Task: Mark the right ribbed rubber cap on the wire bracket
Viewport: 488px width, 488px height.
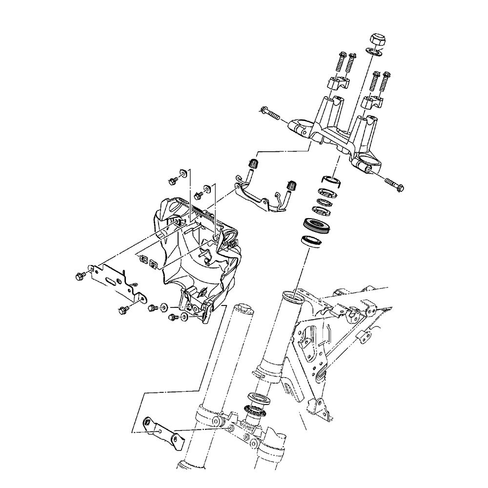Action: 292,185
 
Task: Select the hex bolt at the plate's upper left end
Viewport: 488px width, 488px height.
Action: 80,276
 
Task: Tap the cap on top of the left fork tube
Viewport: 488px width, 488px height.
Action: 243,309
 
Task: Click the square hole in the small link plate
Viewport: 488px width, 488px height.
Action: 146,422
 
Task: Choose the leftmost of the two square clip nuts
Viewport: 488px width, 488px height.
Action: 143,259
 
